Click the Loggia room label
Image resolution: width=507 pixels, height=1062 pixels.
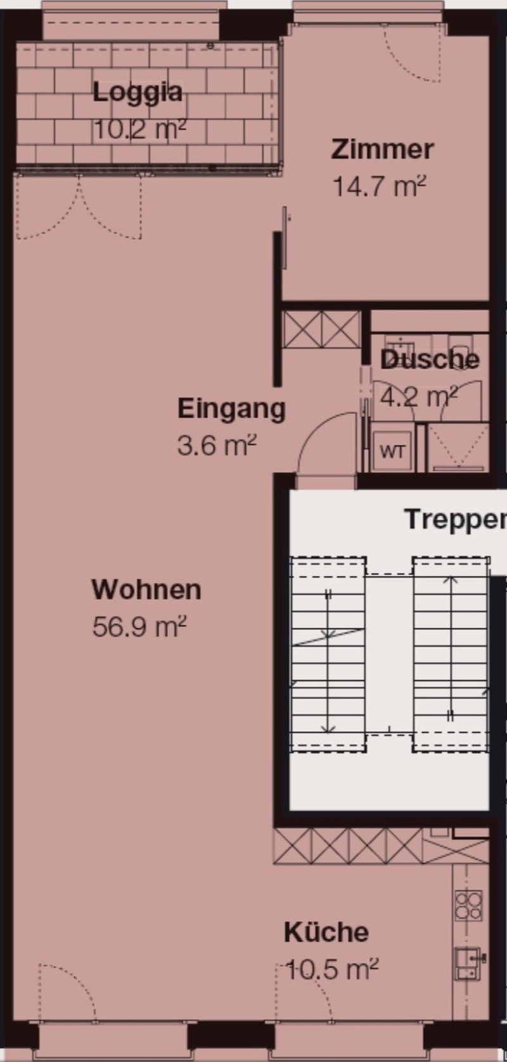pyautogui.click(x=138, y=93)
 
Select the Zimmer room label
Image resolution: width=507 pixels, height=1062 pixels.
pyautogui.click(x=382, y=149)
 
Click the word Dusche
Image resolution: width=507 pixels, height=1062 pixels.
pyautogui.click(x=430, y=360)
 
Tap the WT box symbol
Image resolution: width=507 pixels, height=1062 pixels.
pyautogui.click(x=392, y=451)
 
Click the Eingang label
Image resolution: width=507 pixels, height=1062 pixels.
pyautogui.click(x=232, y=409)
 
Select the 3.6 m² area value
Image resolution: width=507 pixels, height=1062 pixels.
pyautogui.click(x=217, y=445)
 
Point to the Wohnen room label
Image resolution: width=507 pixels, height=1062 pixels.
pyautogui.click(x=146, y=590)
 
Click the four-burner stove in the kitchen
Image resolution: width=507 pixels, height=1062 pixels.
pyautogui.click(x=468, y=905)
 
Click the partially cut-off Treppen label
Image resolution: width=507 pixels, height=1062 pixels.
pyautogui.click(x=456, y=520)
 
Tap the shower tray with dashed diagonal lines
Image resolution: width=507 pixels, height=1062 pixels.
pyautogui.click(x=458, y=447)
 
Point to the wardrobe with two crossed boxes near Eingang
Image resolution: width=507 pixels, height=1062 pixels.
pyautogui.click(x=322, y=329)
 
